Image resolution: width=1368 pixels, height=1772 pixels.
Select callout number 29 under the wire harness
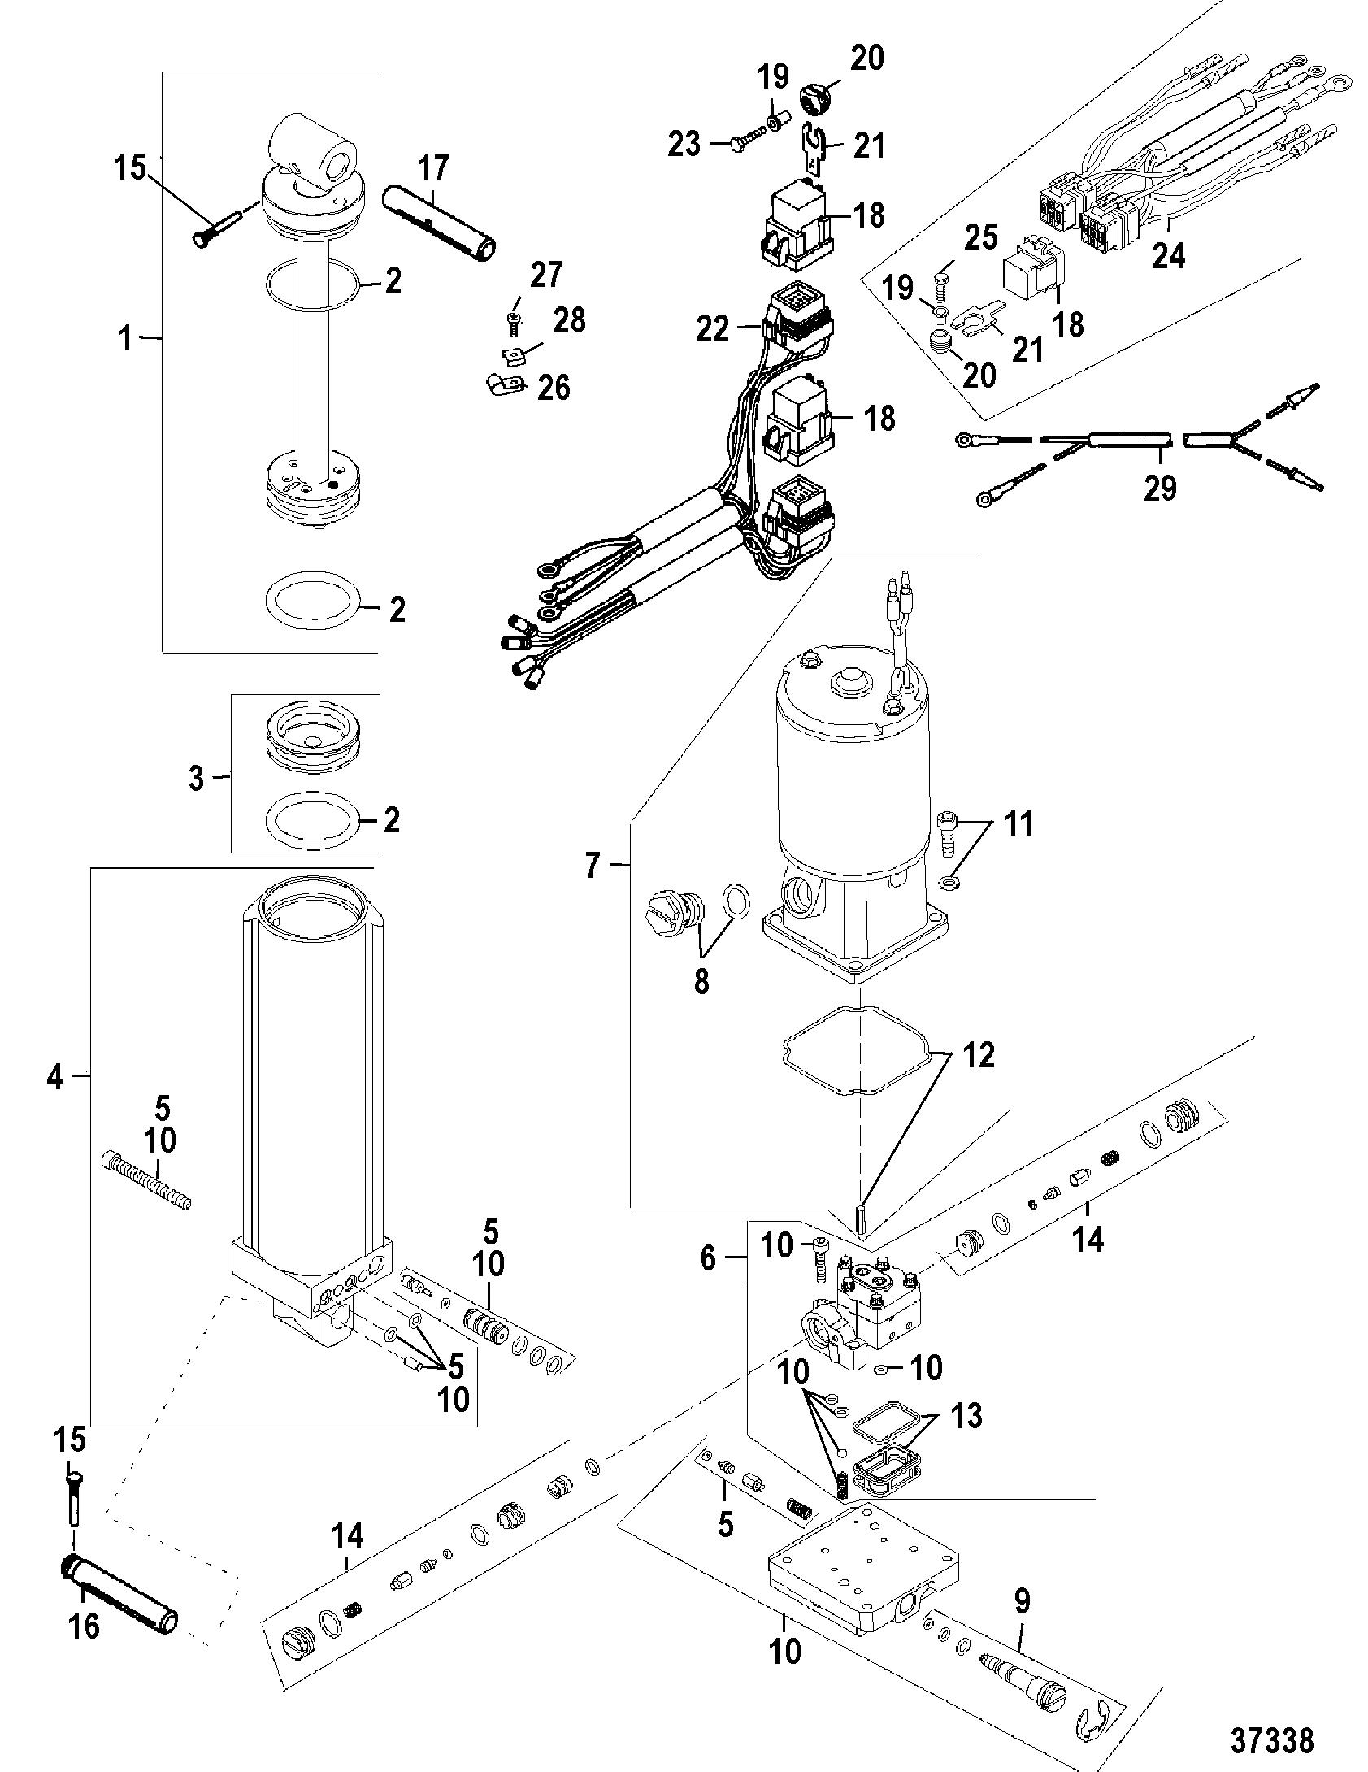pos(1160,488)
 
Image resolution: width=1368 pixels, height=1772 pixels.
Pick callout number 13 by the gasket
pos(966,1417)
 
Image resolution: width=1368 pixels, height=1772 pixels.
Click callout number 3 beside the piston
pos(196,778)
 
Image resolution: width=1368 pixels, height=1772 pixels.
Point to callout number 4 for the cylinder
pos(54,1079)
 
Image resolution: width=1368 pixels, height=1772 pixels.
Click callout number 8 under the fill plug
pos(701,982)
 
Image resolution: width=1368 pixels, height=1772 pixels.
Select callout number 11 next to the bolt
pos(1016,823)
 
